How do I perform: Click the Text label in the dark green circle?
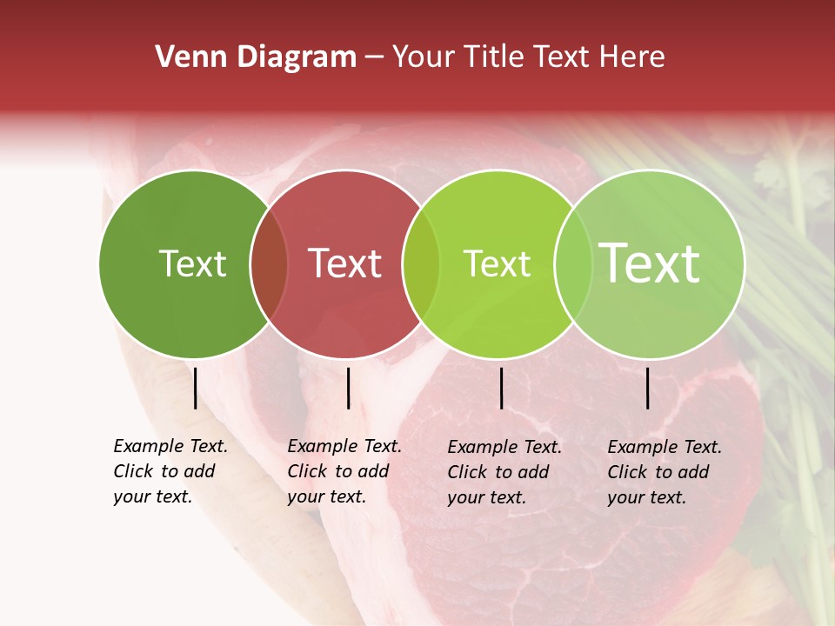(x=192, y=263)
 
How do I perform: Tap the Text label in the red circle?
(x=344, y=263)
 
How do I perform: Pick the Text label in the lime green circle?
(x=497, y=263)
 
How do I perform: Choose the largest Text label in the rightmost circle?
(x=650, y=263)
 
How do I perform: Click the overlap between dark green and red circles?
(x=269, y=263)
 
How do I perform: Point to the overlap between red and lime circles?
(x=421, y=263)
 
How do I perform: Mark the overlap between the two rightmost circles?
(x=573, y=263)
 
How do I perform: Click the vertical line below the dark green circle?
(x=195, y=388)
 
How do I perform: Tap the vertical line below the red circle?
(x=348, y=388)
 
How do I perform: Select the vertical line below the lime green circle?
(x=501, y=388)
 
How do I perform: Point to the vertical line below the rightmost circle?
(x=648, y=388)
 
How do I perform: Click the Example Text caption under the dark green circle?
(x=170, y=471)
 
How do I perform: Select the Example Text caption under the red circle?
(x=344, y=471)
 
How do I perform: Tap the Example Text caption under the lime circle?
(x=504, y=472)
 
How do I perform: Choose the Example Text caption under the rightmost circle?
(x=665, y=472)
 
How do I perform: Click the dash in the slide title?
(x=374, y=58)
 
